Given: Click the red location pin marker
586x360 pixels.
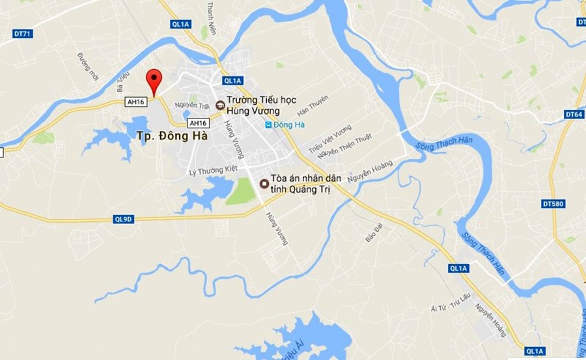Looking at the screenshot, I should pos(154,80).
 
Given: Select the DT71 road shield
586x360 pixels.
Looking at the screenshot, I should pos(22,33).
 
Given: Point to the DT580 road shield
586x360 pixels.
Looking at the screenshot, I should pos(553,204).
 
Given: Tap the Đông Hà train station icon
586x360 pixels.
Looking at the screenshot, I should pos(268,125).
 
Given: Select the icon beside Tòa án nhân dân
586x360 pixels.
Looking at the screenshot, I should pos(263,184).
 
